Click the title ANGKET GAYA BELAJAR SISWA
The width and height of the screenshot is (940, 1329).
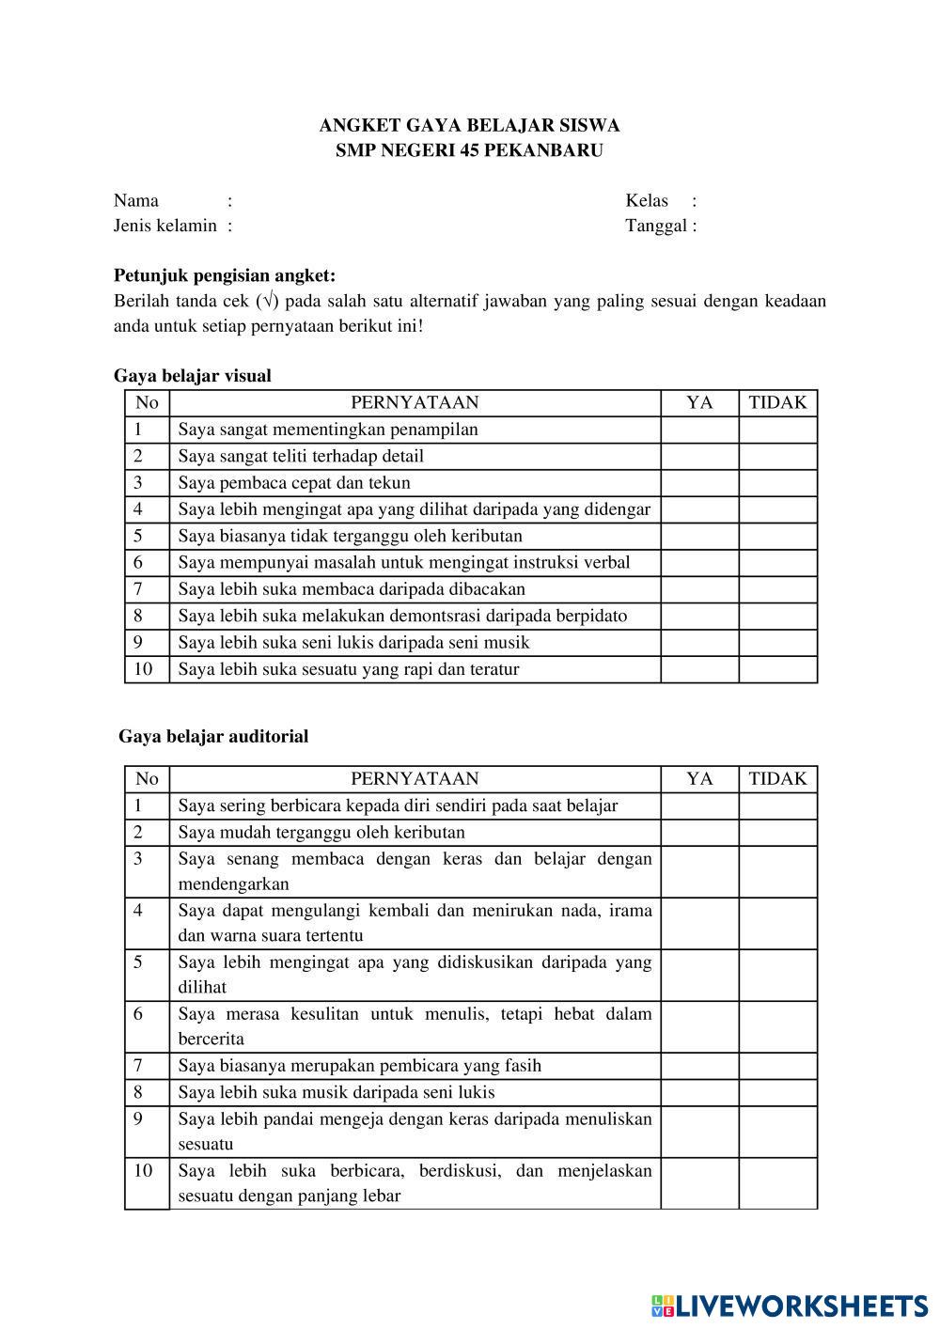(x=469, y=125)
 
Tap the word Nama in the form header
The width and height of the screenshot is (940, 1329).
(x=136, y=200)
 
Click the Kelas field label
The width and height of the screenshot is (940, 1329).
(x=647, y=200)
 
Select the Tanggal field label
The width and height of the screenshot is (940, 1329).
(x=656, y=226)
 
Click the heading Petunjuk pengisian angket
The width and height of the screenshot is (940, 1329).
(x=225, y=275)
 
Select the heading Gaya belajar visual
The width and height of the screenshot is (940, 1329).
(x=193, y=376)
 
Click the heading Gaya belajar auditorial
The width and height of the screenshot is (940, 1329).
(x=213, y=736)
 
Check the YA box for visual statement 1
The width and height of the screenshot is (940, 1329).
(x=699, y=430)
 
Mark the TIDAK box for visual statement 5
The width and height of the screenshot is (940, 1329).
(x=777, y=536)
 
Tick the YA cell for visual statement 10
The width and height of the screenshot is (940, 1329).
(x=699, y=669)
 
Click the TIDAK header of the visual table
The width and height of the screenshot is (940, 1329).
(x=777, y=403)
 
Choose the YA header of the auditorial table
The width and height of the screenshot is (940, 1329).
(x=699, y=778)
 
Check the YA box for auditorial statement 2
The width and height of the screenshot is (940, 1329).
(x=699, y=832)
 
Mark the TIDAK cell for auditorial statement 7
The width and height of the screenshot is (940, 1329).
(x=777, y=1065)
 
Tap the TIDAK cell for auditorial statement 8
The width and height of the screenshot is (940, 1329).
(x=777, y=1092)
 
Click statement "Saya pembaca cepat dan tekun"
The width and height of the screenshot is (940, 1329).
(x=294, y=483)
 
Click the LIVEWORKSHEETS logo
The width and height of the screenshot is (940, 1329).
(x=790, y=1305)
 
